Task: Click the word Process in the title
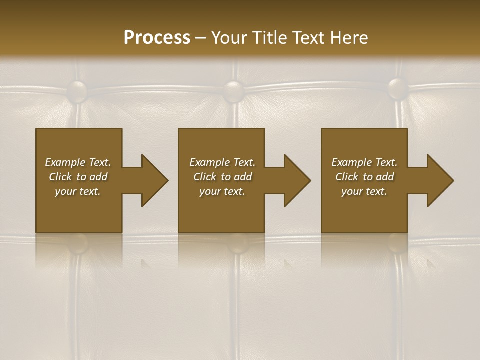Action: (x=157, y=38)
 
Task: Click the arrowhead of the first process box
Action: (x=152, y=180)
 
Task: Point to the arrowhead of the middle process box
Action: (x=295, y=180)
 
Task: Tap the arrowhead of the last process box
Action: (x=438, y=180)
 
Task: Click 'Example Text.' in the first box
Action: (x=78, y=162)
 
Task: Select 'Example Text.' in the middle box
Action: (x=222, y=162)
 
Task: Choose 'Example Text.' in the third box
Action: (x=364, y=162)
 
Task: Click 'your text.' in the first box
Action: (x=78, y=191)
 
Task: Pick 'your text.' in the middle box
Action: (x=222, y=191)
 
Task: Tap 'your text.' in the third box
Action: (x=364, y=191)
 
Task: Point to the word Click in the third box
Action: (x=347, y=177)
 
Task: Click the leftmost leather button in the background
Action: (x=77, y=91)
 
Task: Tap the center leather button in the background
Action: (x=234, y=91)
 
